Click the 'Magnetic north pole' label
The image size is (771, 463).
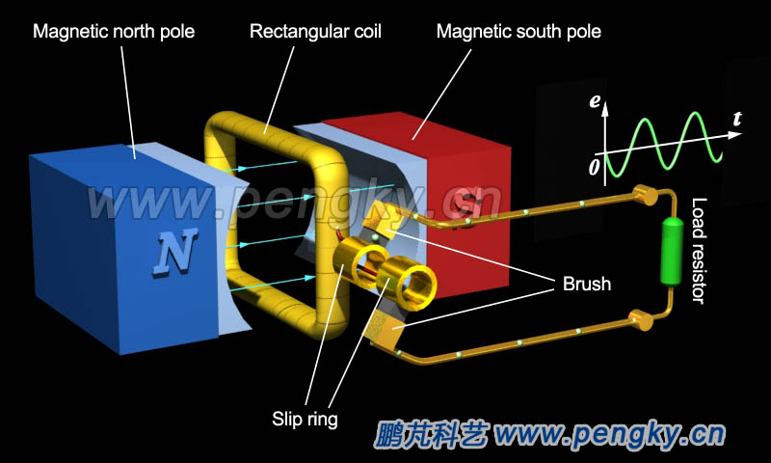(114, 32)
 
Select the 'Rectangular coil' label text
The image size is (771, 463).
(315, 32)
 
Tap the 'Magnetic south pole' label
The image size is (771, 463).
(518, 32)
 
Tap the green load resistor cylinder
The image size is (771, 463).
(669, 251)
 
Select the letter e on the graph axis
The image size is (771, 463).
(598, 100)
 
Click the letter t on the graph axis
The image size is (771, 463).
(736, 120)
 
